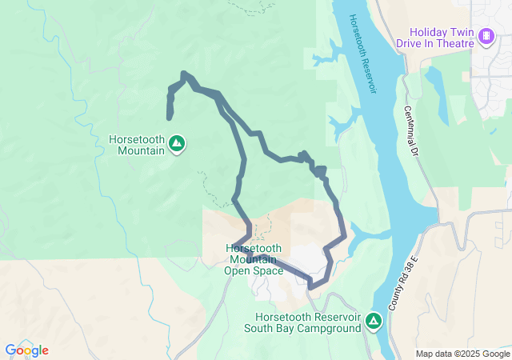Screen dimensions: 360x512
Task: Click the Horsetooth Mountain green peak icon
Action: click(x=178, y=144)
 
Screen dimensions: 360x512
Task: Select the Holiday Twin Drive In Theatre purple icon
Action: click(x=486, y=36)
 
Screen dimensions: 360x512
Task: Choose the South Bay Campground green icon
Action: click(x=373, y=322)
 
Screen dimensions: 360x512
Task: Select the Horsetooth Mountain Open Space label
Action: click(x=254, y=259)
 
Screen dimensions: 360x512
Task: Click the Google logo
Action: click(x=26, y=350)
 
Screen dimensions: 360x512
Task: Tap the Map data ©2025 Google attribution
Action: click(x=462, y=354)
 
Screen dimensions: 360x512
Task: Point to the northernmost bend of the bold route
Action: click(x=185, y=74)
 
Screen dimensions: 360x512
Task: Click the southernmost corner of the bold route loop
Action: click(x=311, y=286)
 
